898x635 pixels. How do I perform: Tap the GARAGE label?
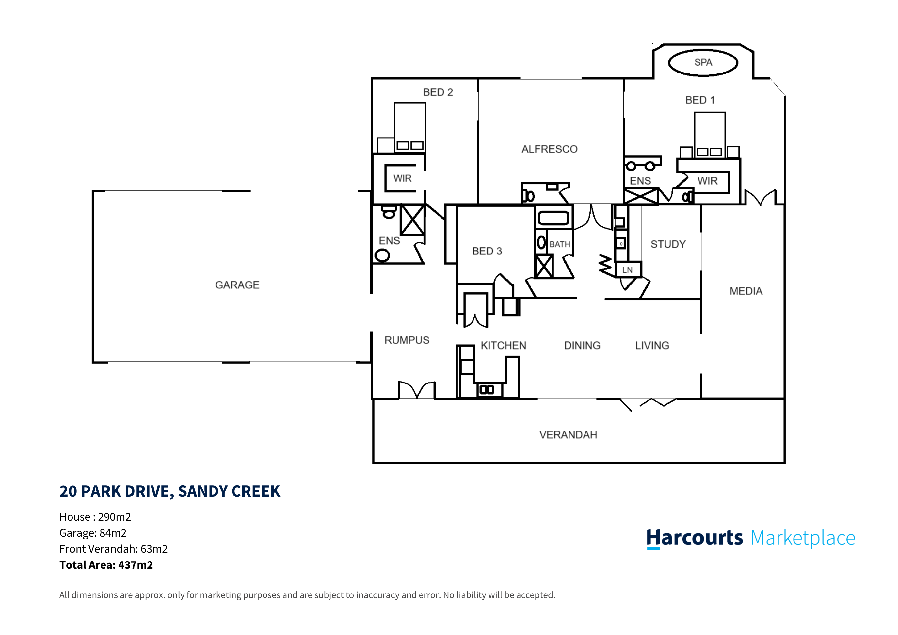237,285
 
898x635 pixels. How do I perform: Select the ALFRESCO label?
549,149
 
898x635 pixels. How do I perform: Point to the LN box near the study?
627,270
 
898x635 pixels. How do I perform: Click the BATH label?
559,245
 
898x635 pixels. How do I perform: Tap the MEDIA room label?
746,291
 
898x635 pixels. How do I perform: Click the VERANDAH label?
568,435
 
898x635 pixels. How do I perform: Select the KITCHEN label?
503,346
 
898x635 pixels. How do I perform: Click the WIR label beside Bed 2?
402,178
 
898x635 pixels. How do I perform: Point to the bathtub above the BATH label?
553,218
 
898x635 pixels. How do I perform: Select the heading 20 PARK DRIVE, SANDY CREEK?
169,491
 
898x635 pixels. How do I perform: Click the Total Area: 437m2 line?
106,565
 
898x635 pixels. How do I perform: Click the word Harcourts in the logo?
694,538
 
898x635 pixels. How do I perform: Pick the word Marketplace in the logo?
803,538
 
